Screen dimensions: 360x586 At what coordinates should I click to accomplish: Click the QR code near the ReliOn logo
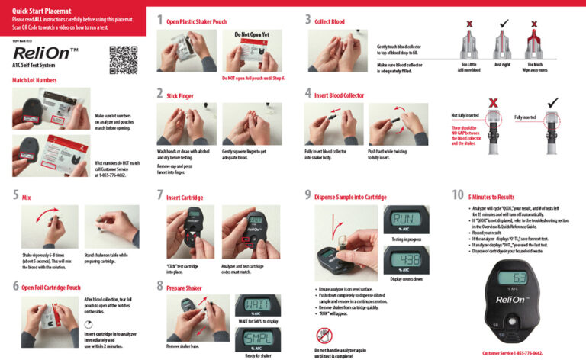(123, 59)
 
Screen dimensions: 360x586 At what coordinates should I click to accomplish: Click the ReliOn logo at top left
(46, 54)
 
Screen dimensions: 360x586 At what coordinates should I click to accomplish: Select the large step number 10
(458, 194)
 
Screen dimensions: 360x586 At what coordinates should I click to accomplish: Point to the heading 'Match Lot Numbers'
(34, 79)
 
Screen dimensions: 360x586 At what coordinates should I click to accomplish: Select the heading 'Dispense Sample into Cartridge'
(350, 198)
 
